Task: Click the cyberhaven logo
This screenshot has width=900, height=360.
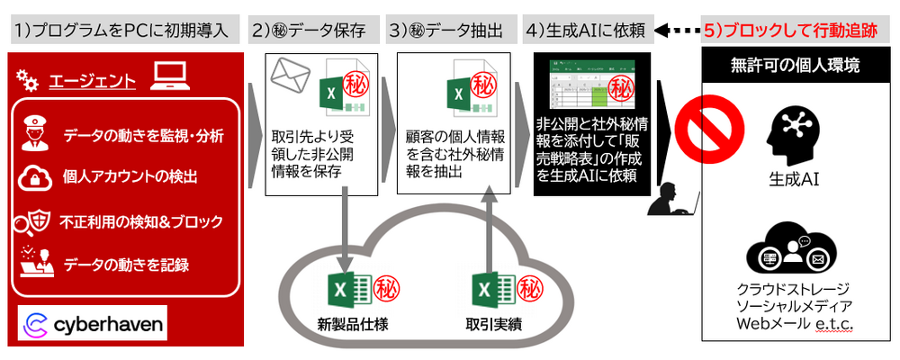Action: pyautogui.click(x=91, y=324)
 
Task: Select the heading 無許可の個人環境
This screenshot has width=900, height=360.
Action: pyautogui.click(x=796, y=65)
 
